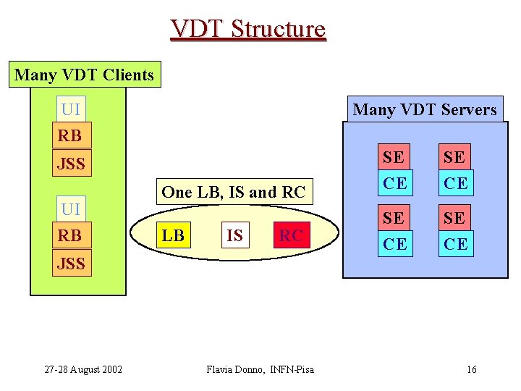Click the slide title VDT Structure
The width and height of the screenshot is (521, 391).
click(248, 29)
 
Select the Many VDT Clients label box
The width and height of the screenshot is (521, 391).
click(85, 75)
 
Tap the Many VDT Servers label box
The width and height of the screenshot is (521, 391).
click(425, 109)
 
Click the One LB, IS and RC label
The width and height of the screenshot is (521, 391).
click(234, 192)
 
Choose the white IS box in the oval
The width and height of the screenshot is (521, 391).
click(234, 235)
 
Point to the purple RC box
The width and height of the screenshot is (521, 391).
click(291, 235)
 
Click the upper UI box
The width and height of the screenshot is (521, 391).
click(71, 109)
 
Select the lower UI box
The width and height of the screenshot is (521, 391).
click(71, 209)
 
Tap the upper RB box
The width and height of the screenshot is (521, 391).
click(70, 135)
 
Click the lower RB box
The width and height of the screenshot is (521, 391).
click(70, 235)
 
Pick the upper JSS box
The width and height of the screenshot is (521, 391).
click(72, 164)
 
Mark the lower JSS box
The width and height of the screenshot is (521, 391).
click(72, 264)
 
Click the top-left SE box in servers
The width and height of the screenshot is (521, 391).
click(394, 156)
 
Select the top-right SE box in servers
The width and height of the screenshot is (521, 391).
click(455, 156)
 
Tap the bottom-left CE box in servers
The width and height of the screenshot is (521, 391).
click(394, 244)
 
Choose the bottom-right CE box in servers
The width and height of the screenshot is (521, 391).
click(455, 244)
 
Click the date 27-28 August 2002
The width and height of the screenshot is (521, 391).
click(83, 370)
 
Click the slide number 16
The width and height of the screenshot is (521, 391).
click(472, 370)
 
